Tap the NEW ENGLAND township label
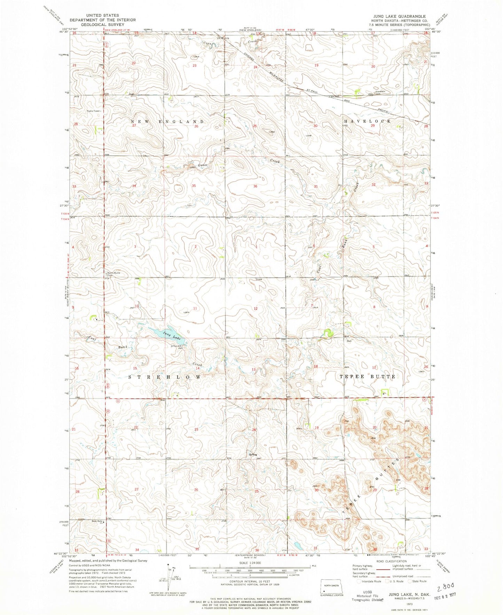click(167, 121)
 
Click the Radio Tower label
click(94, 111)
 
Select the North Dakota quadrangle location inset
click(332, 585)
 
